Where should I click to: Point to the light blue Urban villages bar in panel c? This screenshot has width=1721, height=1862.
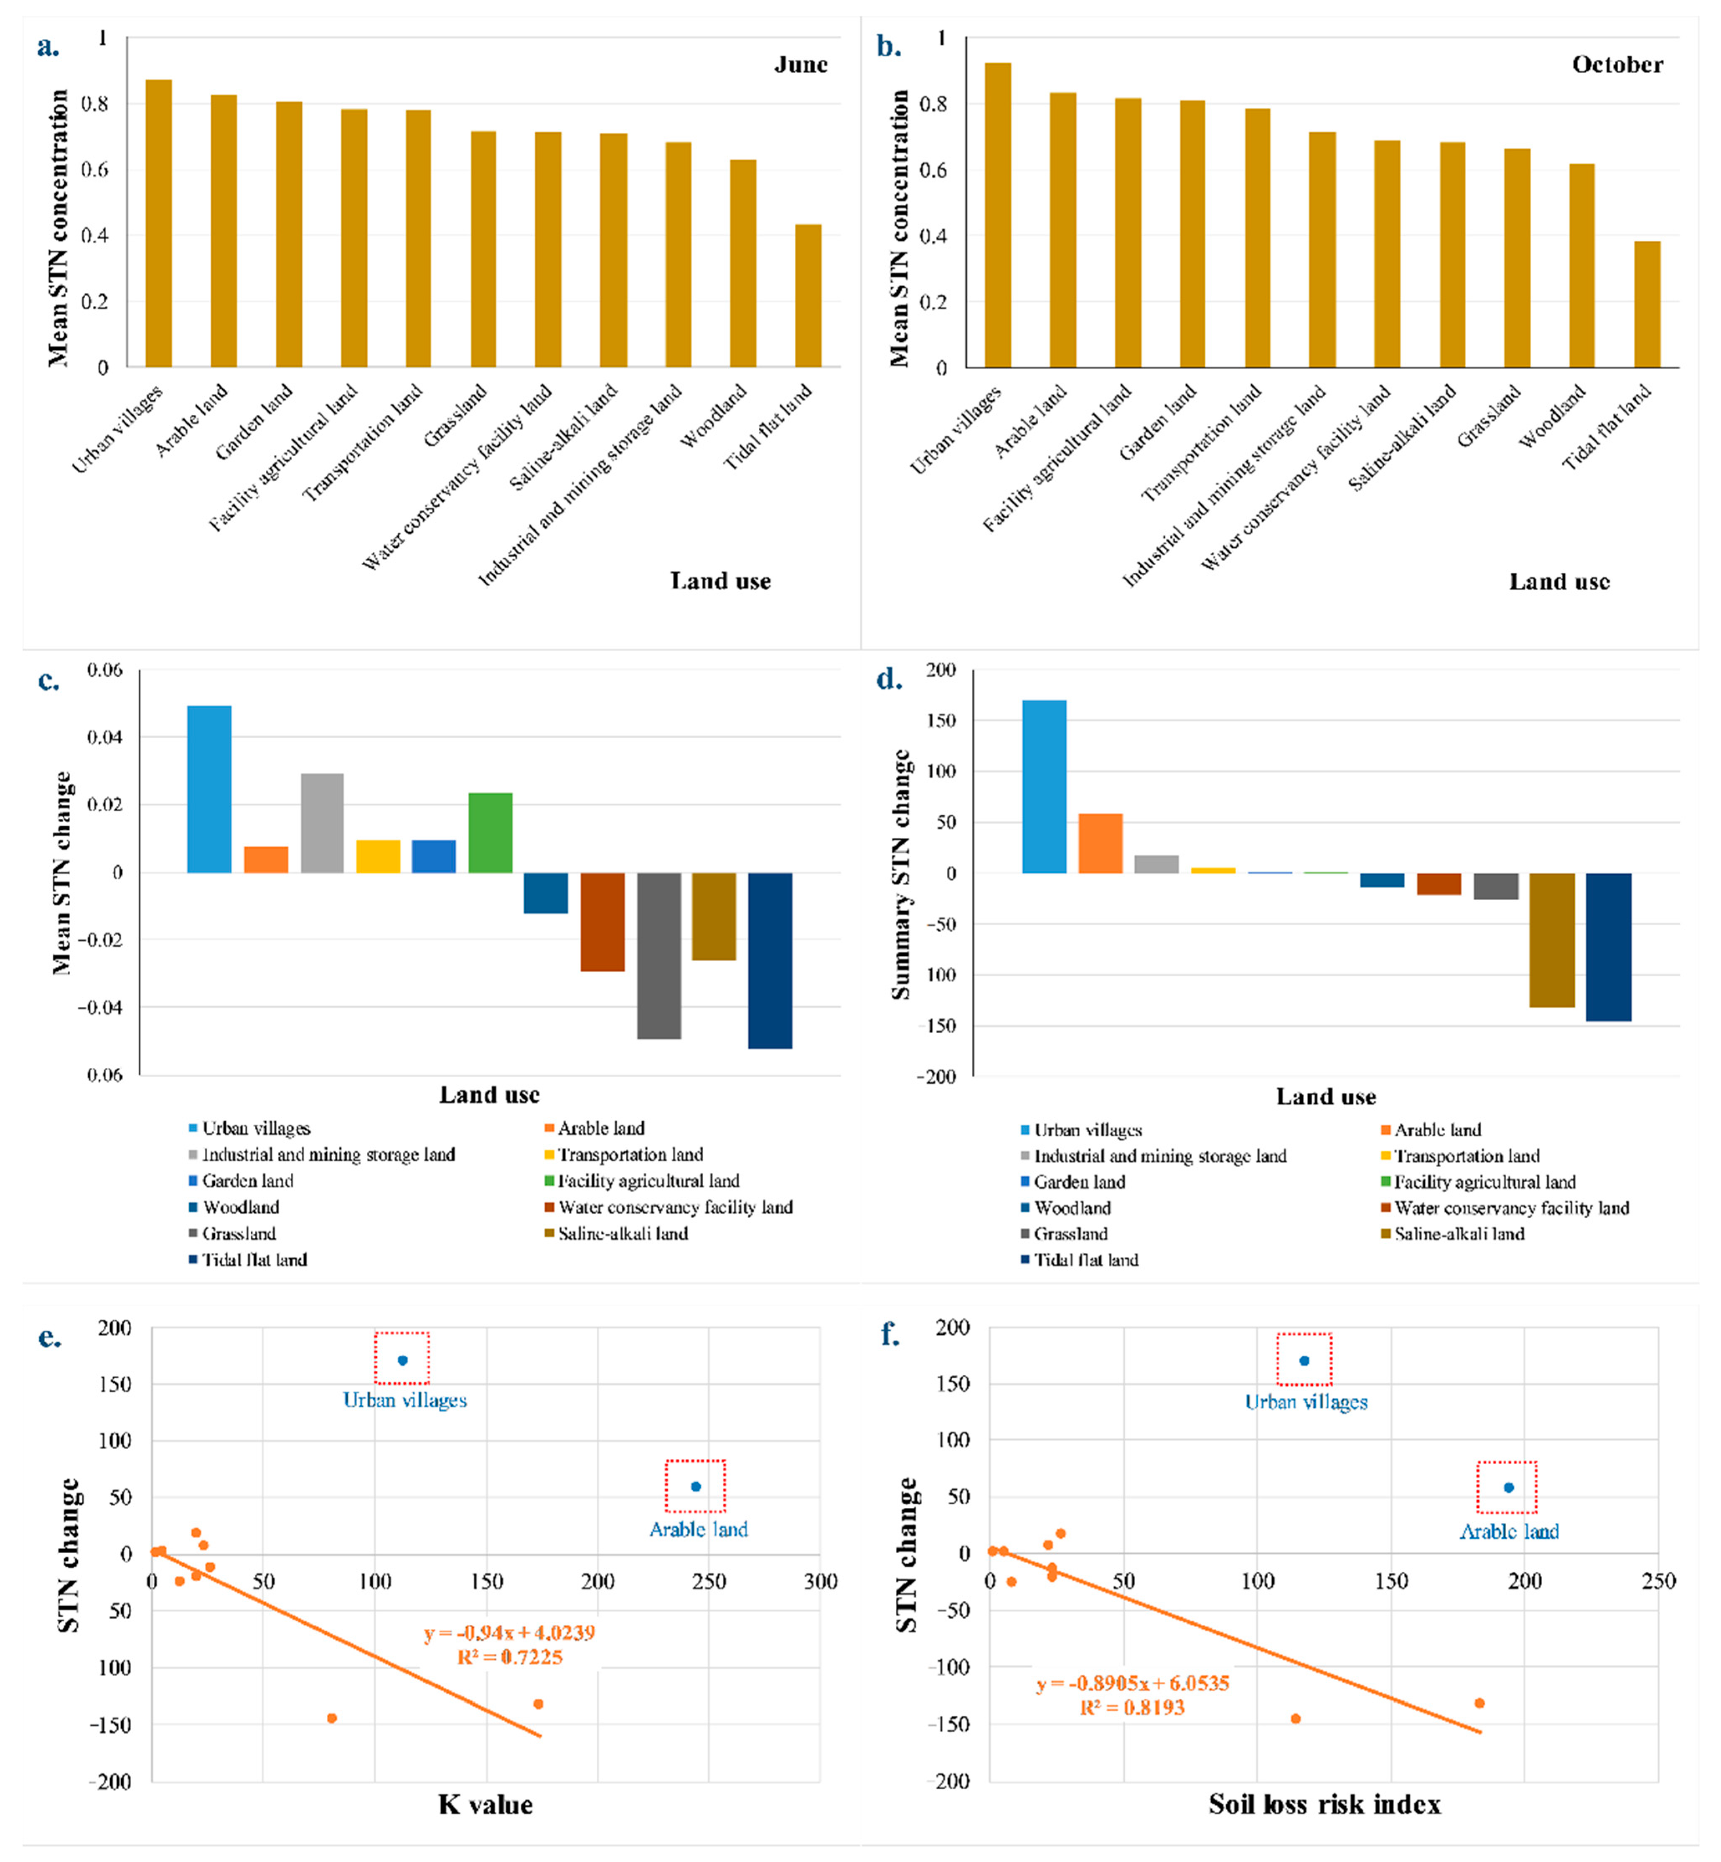point(210,790)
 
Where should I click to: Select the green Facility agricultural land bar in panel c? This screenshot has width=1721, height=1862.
point(490,832)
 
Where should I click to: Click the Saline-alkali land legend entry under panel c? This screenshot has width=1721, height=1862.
point(622,1234)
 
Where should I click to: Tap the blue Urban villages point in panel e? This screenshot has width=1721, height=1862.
point(402,1360)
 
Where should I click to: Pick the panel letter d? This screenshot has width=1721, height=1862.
point(890,680)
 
